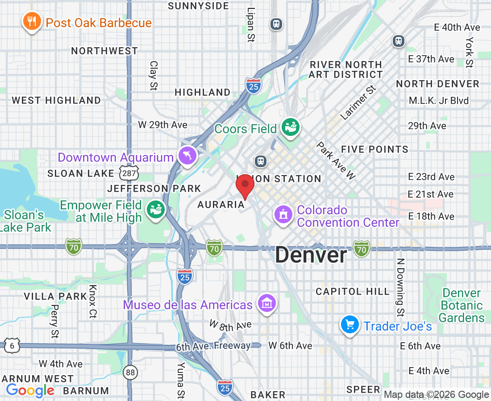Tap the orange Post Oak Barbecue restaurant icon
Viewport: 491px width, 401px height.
point(31,21)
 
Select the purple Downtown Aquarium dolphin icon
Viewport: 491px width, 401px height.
point(187,155)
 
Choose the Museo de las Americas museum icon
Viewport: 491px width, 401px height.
point(266,304)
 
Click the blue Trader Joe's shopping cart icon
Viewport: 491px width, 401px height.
point(350,325)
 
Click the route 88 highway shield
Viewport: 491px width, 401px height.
point(130,373)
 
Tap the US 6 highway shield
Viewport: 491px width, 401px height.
point(12,345)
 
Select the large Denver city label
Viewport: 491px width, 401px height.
point(311,255)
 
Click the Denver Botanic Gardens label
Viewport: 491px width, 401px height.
point(462,305)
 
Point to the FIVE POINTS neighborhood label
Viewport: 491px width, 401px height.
point(374,149)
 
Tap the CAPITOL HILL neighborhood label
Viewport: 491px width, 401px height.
point(353,291)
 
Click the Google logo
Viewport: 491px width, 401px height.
point(30,390)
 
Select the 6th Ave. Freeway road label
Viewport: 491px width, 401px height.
point(213,346)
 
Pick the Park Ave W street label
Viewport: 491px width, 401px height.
point(336,160)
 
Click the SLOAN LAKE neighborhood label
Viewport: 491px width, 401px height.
point(80,173)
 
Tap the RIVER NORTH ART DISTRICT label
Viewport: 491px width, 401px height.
point(346,70)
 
